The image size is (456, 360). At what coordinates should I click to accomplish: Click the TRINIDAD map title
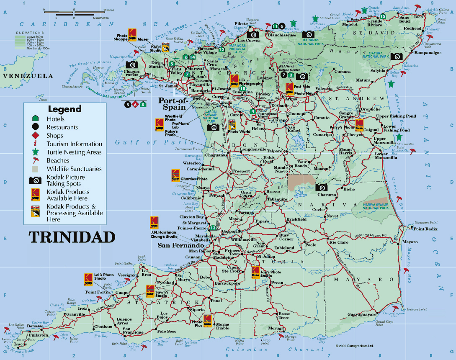[x=72, y=237]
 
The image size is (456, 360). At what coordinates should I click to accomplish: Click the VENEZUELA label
[x=27, y=76]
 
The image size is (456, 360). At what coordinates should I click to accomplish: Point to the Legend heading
[x=64, y=109]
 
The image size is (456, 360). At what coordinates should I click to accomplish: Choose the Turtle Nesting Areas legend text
[x=74, y=152]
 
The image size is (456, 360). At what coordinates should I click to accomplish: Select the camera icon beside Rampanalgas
[x=396, y=56]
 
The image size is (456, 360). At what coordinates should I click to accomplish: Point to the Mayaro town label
[x=410, y=242]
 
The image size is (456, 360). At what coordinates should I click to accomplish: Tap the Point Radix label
[x=425, y=229]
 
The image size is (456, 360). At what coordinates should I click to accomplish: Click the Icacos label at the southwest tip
[x=20, y=344]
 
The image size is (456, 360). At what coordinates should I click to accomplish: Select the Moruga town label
[x=277, y=328]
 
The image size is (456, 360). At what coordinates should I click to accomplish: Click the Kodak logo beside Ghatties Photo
[x=175, y=175]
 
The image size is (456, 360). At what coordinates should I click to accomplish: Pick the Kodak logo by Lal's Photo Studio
[x=88, y=279]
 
